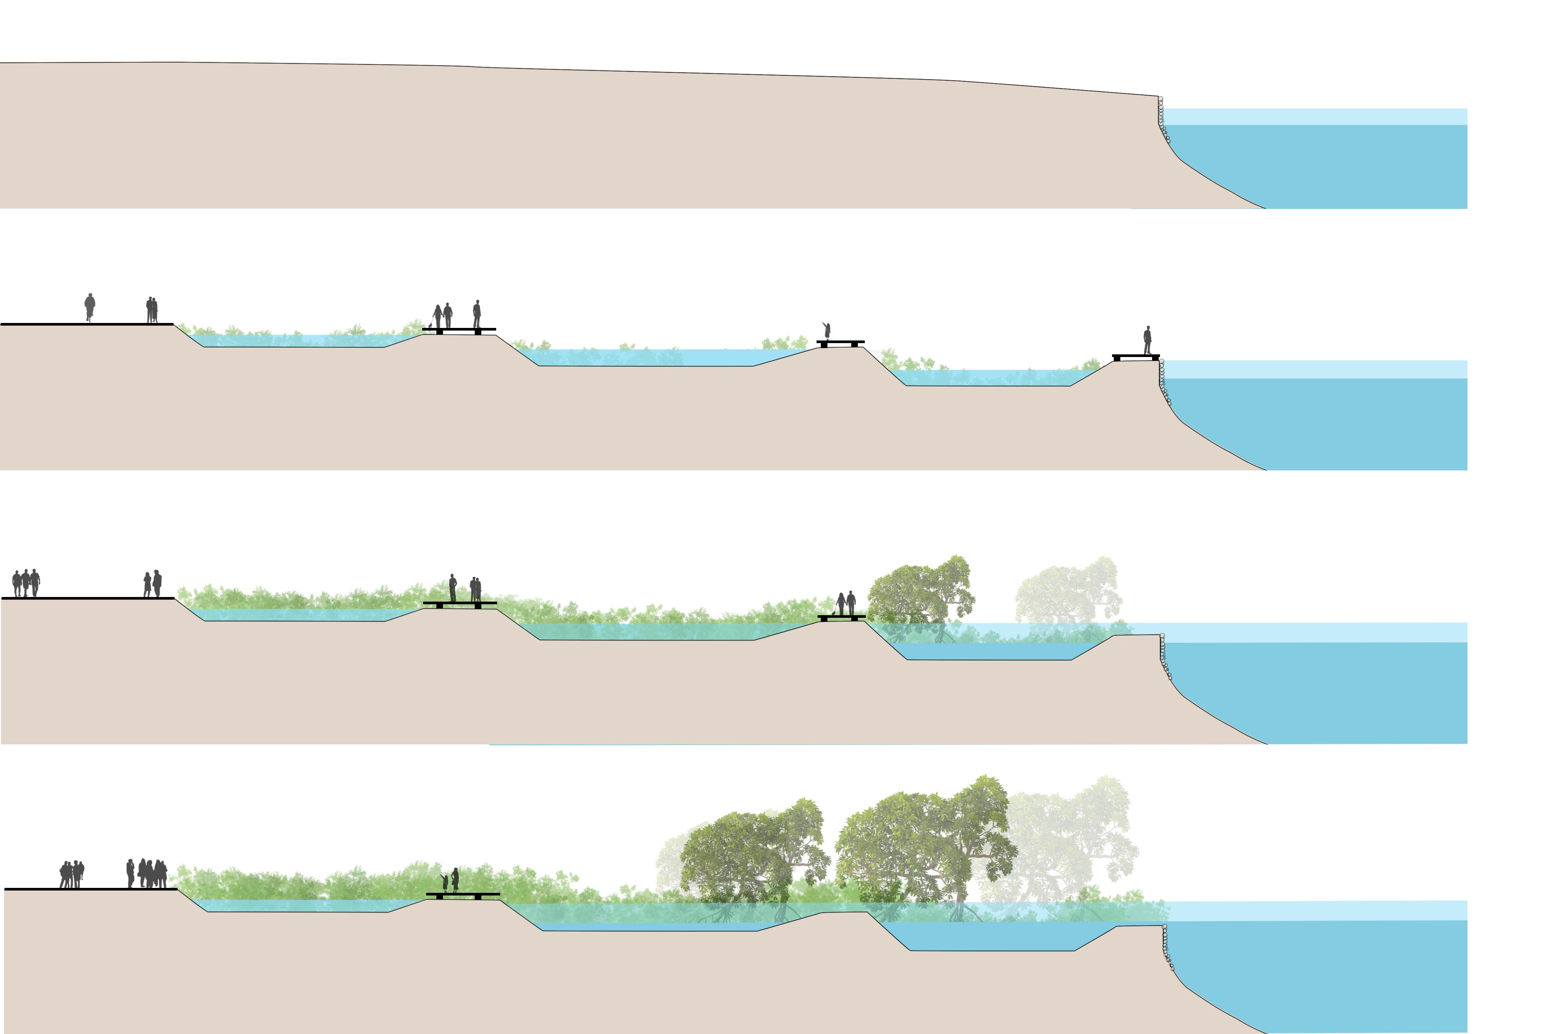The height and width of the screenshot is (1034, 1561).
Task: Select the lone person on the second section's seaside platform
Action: click(1147, 340)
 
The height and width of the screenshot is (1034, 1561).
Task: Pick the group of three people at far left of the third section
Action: click(26, 583)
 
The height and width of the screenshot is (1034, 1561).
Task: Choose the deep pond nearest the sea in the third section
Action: click(989, 651)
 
